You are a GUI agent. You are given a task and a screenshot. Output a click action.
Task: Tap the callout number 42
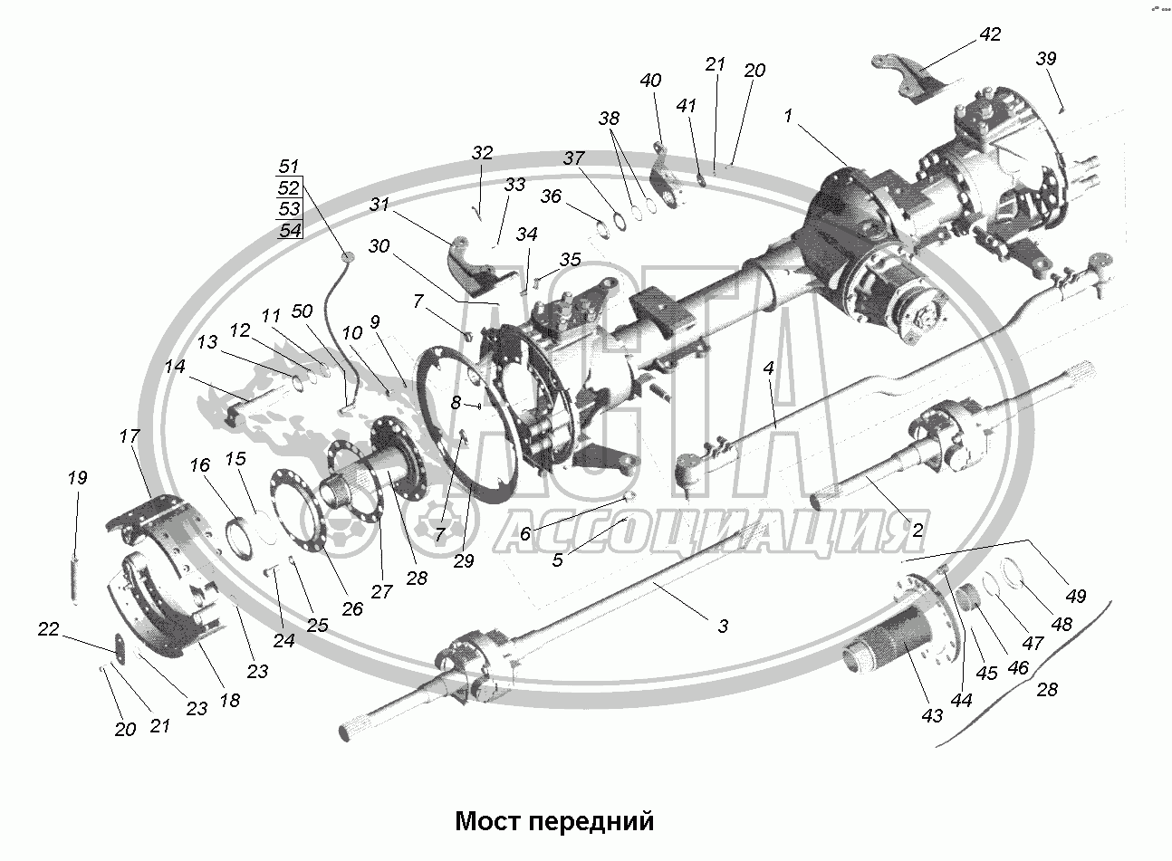tap(990, 35)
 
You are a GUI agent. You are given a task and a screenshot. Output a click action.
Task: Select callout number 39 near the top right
tap(1046, 59)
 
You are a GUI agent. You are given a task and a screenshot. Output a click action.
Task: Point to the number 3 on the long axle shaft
tap(723, 626)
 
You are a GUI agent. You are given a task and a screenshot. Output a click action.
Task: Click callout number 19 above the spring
tap(78, 478)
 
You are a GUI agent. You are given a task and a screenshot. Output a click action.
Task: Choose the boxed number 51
tap(289, 167)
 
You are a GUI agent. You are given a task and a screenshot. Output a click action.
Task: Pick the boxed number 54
tap(289, 230)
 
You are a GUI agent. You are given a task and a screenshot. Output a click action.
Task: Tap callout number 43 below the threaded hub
tap(932, 715)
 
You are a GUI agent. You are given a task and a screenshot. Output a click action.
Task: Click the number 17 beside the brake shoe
tap(130, 436)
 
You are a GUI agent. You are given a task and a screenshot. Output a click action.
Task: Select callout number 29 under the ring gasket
tap(464, 562)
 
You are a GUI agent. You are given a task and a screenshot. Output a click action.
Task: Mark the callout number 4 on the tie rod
tap(768, 368)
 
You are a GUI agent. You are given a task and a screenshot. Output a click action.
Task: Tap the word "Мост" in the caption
tap(487, 821)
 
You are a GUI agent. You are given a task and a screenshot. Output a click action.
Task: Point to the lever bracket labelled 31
tap(469, 262)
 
